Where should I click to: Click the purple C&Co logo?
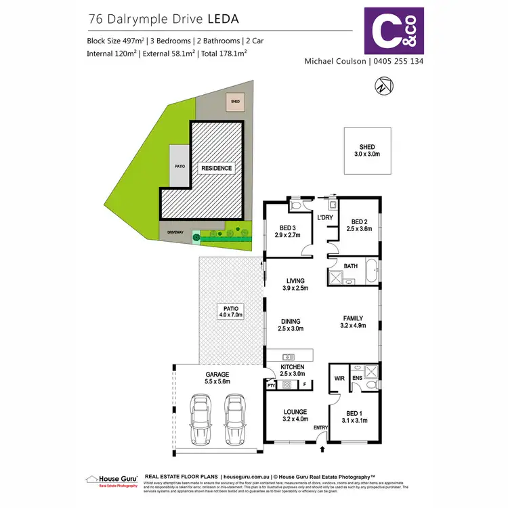(x=394, y=30)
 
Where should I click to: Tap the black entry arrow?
(x=322, y=448)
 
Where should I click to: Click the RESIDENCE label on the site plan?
(x=215, y=168)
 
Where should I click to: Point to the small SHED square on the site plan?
(x=235, y=102)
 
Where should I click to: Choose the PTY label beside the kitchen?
(x=271, y=385)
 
